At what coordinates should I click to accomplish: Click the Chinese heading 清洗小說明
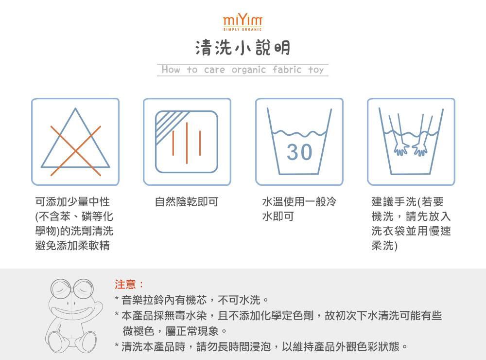tap(243, 48)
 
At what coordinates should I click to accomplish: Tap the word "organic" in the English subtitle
tap(248, 70)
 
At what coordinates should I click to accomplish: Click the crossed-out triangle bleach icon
tap(75, 142)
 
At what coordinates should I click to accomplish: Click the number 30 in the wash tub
tap(299, 152)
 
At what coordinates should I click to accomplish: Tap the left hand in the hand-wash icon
tap(402, 148)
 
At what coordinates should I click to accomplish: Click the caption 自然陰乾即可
tap(187, 201)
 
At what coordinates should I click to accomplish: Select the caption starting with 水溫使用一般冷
tap(299, 201)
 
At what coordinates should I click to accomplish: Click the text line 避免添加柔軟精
tap(72, 246)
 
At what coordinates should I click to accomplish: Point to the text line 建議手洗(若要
tap(407, 201)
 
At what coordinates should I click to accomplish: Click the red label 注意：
tap(129, 284)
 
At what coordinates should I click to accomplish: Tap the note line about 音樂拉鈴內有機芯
tap(191, 299)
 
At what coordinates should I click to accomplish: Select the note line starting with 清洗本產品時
tap(261, 347)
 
